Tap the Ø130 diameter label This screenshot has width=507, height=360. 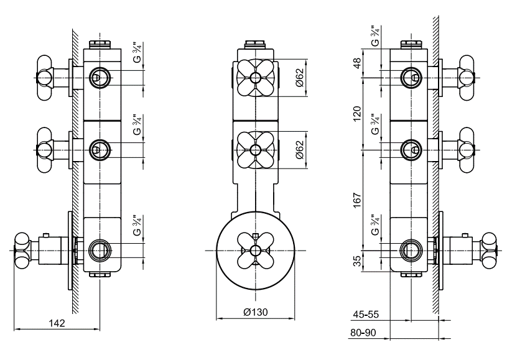click(256, 312)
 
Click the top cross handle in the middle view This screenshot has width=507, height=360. click(256, 77)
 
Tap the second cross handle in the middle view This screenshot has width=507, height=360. click(256, 149)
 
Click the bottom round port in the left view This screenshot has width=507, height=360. click(98, 251)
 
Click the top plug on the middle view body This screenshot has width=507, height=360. click(256, 45)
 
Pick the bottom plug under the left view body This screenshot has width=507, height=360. click(99, 273)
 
